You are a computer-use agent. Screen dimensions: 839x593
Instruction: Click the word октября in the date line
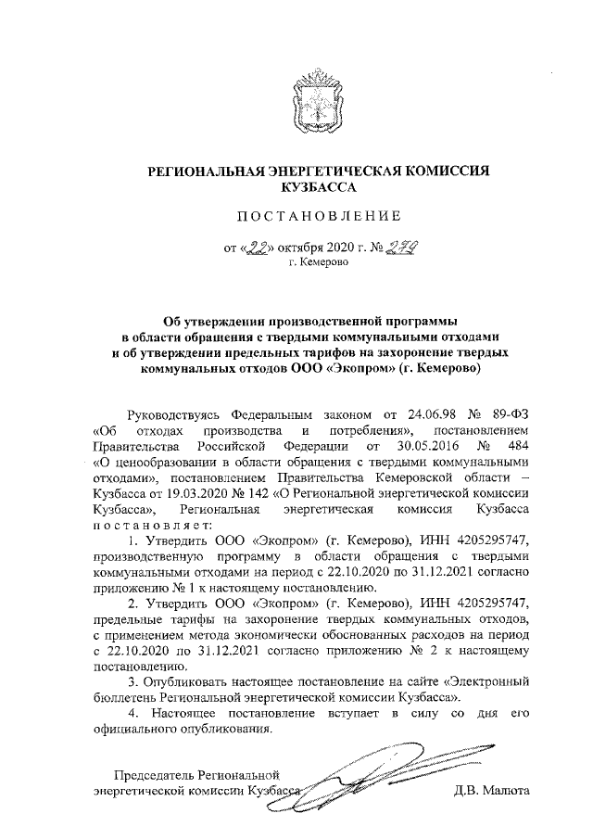point(294,248)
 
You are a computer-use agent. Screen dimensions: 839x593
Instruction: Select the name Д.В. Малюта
point(491,792)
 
